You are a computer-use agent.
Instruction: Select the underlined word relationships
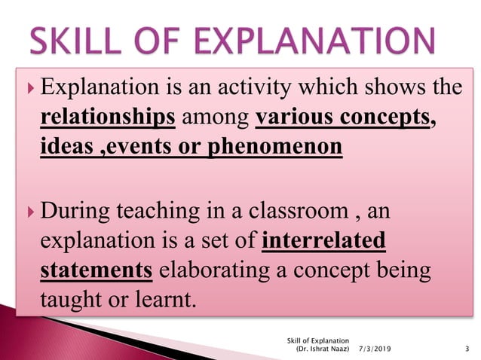point(108,117)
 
